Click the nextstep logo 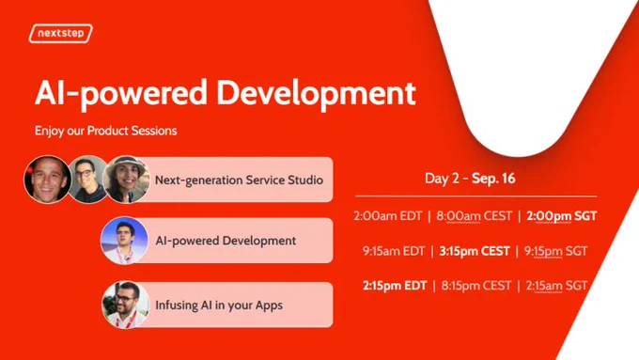point(61,34)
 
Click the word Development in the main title point(316,93)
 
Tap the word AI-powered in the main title point(121,93)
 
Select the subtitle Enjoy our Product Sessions point(106,131)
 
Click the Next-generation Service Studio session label point(240,180)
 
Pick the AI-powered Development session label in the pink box point(226,241)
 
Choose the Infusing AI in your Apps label point(219,305)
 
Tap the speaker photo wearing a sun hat point(126,179)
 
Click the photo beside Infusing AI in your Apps point(126,305)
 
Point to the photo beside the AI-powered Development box point(125,241)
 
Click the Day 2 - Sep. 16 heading point(470,179)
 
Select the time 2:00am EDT point(387,215)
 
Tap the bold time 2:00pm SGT point(562,216)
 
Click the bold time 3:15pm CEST point(475,251)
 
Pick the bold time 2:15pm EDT point(395,286)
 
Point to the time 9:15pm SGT point(556,251)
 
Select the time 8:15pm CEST point(476,286)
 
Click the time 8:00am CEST point(474,215)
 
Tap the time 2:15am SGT point(556,286)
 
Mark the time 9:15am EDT point(394,251)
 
